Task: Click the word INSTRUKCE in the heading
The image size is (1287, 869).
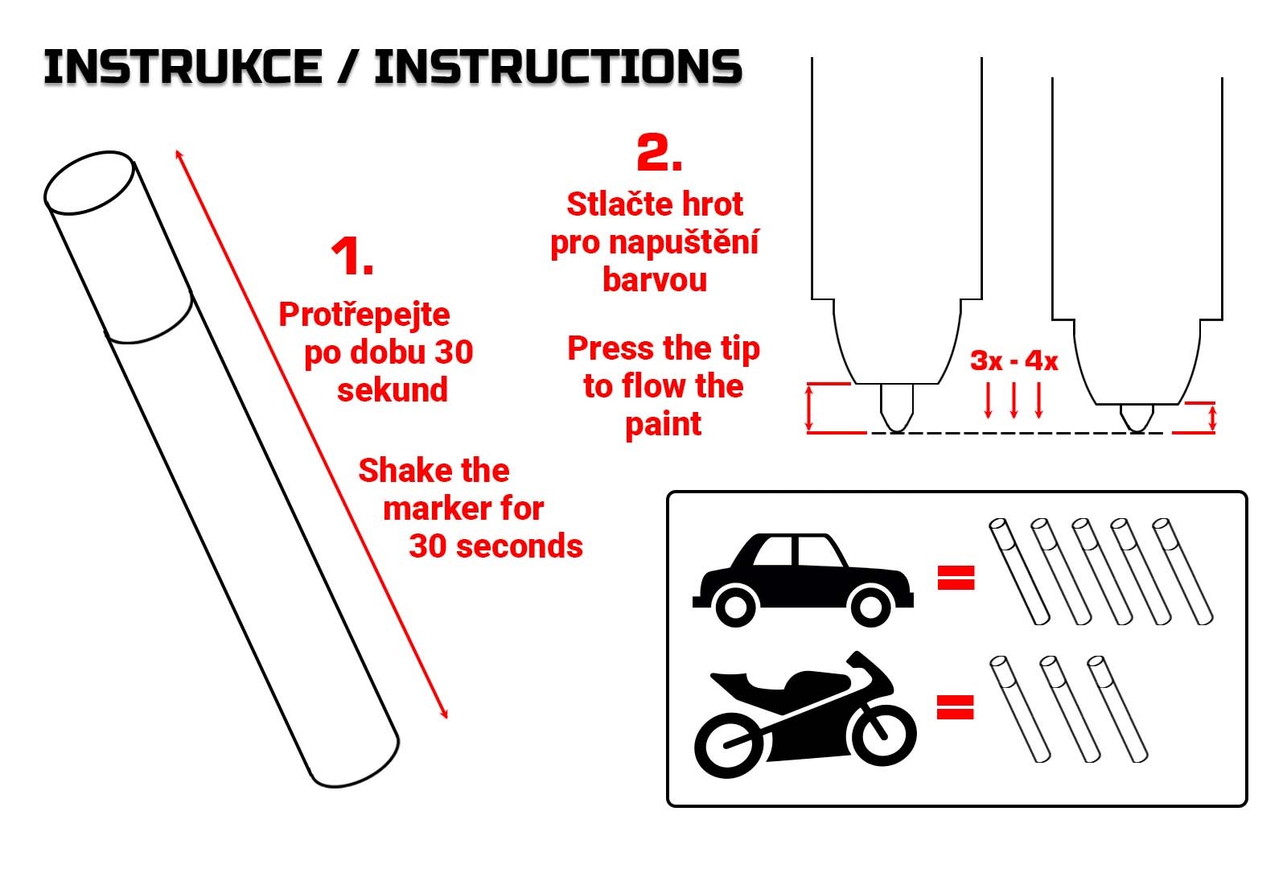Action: tap(183, 68)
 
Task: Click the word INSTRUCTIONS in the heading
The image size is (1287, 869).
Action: tap(558, 68)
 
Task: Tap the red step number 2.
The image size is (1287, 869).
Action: tap(660, 152)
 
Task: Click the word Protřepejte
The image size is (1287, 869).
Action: tap(364, 315)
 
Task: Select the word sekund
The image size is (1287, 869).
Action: tap(393, 389)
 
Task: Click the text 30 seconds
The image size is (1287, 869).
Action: tap(495, 546)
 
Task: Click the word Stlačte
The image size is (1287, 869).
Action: tap(615, 204)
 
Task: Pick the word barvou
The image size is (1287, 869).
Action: tap(655, 280)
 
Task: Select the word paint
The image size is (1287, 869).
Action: tap(663, 426)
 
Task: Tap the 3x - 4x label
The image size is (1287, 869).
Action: tap(1014, 361)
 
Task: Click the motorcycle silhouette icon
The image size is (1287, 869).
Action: tap(805, 714)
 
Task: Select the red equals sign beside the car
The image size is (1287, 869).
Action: tap(956, 578)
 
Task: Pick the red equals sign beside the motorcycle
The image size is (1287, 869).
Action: tap(956, 707)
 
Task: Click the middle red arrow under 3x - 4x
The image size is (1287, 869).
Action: tap(1014, 400)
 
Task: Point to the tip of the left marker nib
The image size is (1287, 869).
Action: tap(896, 431)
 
